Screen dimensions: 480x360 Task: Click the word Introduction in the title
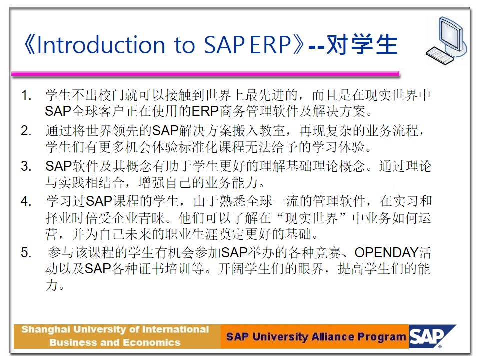[101, 45]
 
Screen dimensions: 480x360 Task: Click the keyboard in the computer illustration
[440, 56]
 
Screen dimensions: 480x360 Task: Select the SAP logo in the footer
[432, 336]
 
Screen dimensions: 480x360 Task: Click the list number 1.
[26, 95]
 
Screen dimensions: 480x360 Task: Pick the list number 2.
[26, 131]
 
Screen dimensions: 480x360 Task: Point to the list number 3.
[26, 166]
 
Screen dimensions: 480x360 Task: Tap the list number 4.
[26, 201]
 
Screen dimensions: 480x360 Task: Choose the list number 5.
[26, 253]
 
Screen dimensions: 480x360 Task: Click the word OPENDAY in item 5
[386, 253]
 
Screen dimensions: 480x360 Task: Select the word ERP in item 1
[205, 111]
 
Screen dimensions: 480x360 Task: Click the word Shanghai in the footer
[46, 330]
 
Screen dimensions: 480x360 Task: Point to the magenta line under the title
[205, 74]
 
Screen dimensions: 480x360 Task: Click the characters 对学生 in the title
[362, 45]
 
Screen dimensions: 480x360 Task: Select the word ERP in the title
[270, 45]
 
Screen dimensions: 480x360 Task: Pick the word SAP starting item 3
[58, 166]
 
